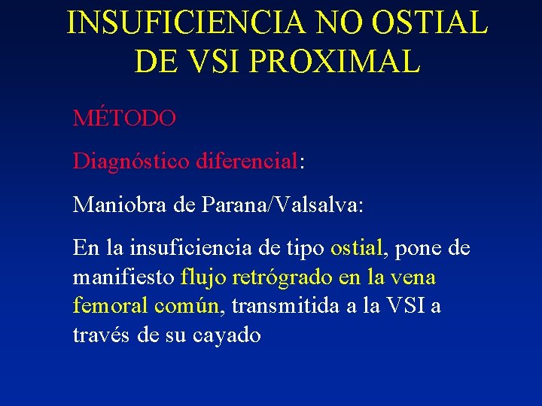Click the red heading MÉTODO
[125, 118]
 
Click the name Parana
[228, 205]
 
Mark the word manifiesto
[124, 277]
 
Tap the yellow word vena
[413, 277]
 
